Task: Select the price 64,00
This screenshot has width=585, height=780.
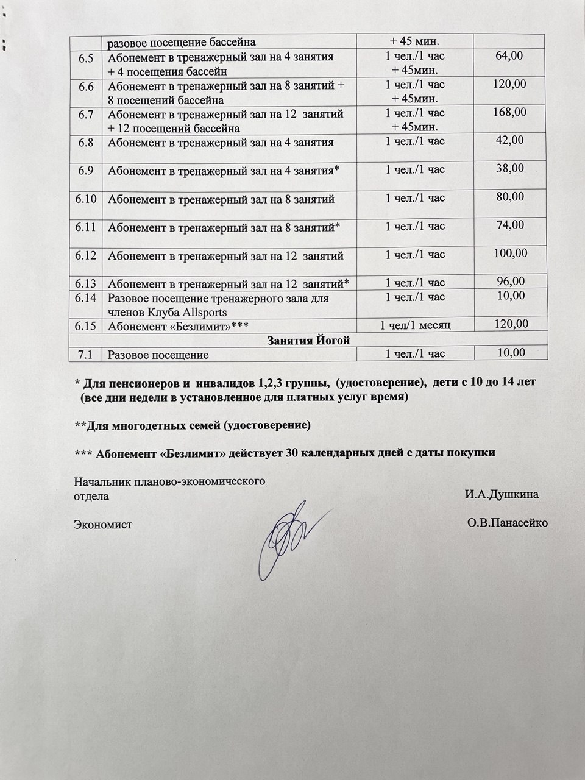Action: pyautogui.click(x=509, y=57)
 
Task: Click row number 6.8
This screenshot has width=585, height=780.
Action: pyautogui.click(x=86, y=143)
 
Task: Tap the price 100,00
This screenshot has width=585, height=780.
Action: pyautogui.click(x=509, y=253)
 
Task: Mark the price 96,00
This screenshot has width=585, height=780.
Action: pyautogui.click(x=509, y=282)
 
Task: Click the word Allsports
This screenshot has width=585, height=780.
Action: pyautogui.click(x=200, y=312)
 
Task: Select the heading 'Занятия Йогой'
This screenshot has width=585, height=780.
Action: pyautogui.click(x=308, y=340)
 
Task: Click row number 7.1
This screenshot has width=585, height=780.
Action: pyautogui.click(x=86, y=354)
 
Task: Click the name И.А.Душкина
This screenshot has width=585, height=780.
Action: pyautogui.click(x=501, y=494)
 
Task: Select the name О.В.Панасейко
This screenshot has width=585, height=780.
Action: pyautogui.click(x=507, y=523)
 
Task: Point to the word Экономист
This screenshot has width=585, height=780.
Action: pyautogui.click(x=103, y=523)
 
